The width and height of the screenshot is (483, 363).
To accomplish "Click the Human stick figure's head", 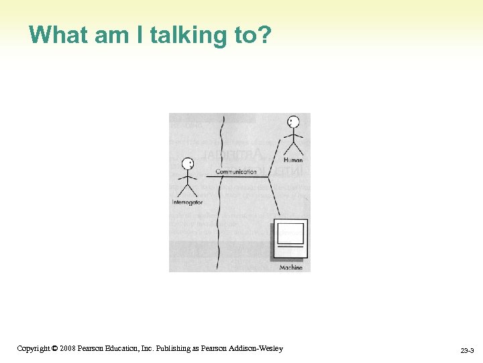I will tap(292, 122).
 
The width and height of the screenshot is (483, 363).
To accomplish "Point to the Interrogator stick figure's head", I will tap(188, 163).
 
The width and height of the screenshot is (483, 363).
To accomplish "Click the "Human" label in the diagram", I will tap(293, 160).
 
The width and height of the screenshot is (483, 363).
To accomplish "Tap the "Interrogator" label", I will tap(187, 202).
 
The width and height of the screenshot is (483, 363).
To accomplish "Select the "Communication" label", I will tap(236, 172).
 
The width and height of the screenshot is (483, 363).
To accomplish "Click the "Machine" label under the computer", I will tap(291, 268).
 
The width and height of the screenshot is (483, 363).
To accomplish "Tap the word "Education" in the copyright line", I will tap(121, 348).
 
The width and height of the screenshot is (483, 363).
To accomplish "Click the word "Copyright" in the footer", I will tap(33, 348).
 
